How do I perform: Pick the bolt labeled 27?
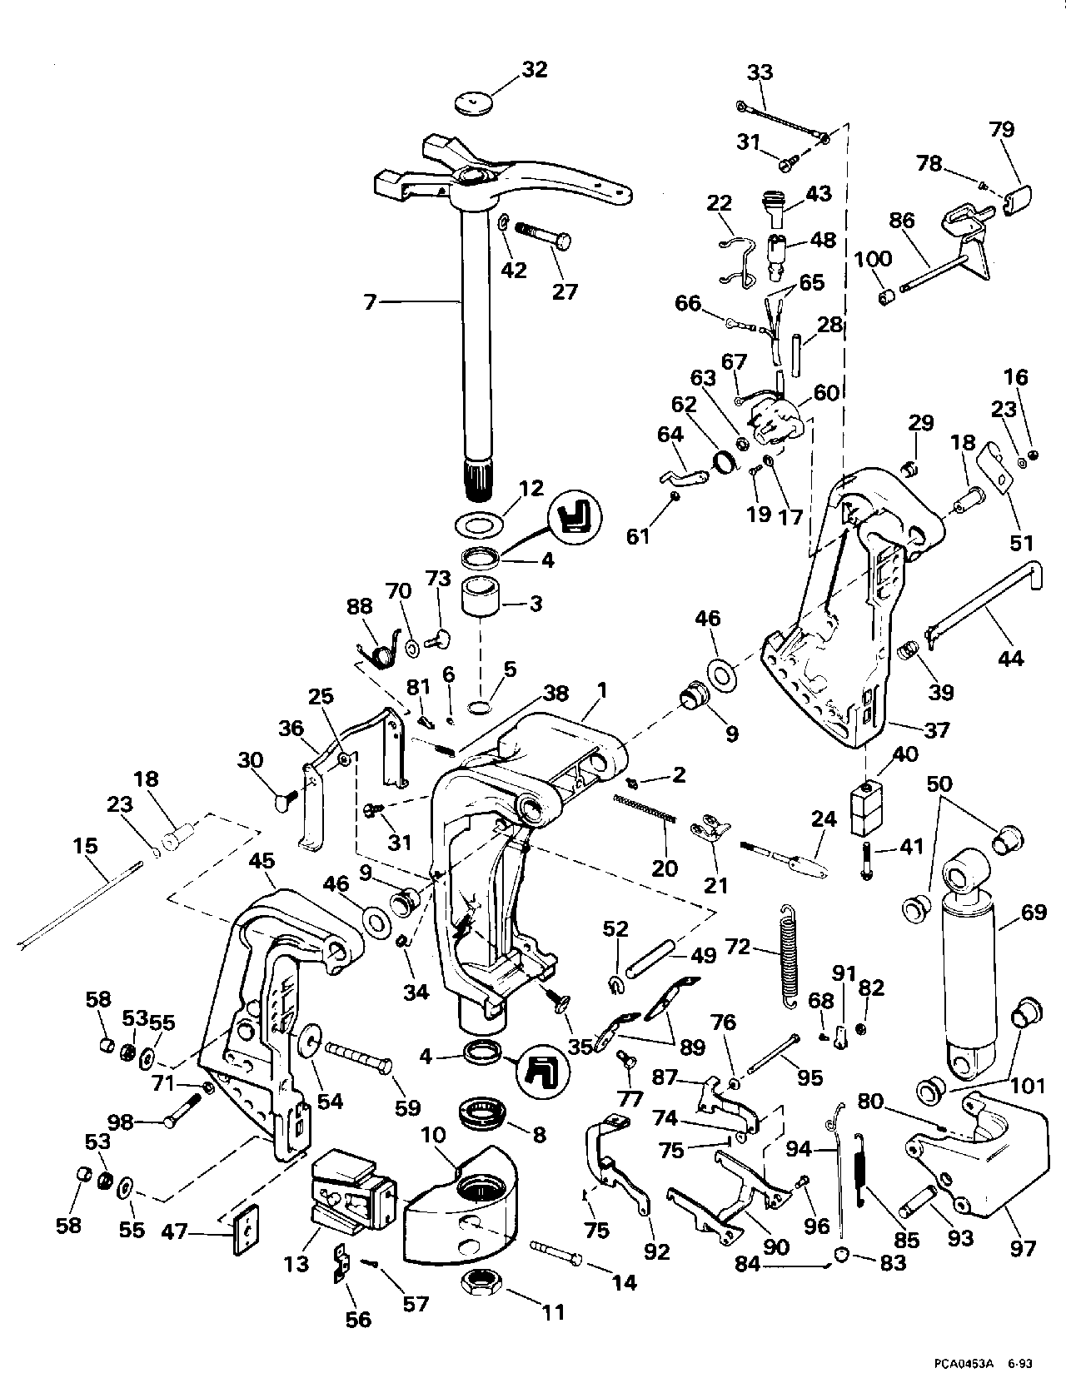coord(544,234)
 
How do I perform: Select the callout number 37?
coord(938,729)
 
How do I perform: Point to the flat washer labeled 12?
coord(480,526)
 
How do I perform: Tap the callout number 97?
coord(1024,1247)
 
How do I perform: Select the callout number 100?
coord(874,258)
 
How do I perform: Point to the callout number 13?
coord(296,1263)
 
